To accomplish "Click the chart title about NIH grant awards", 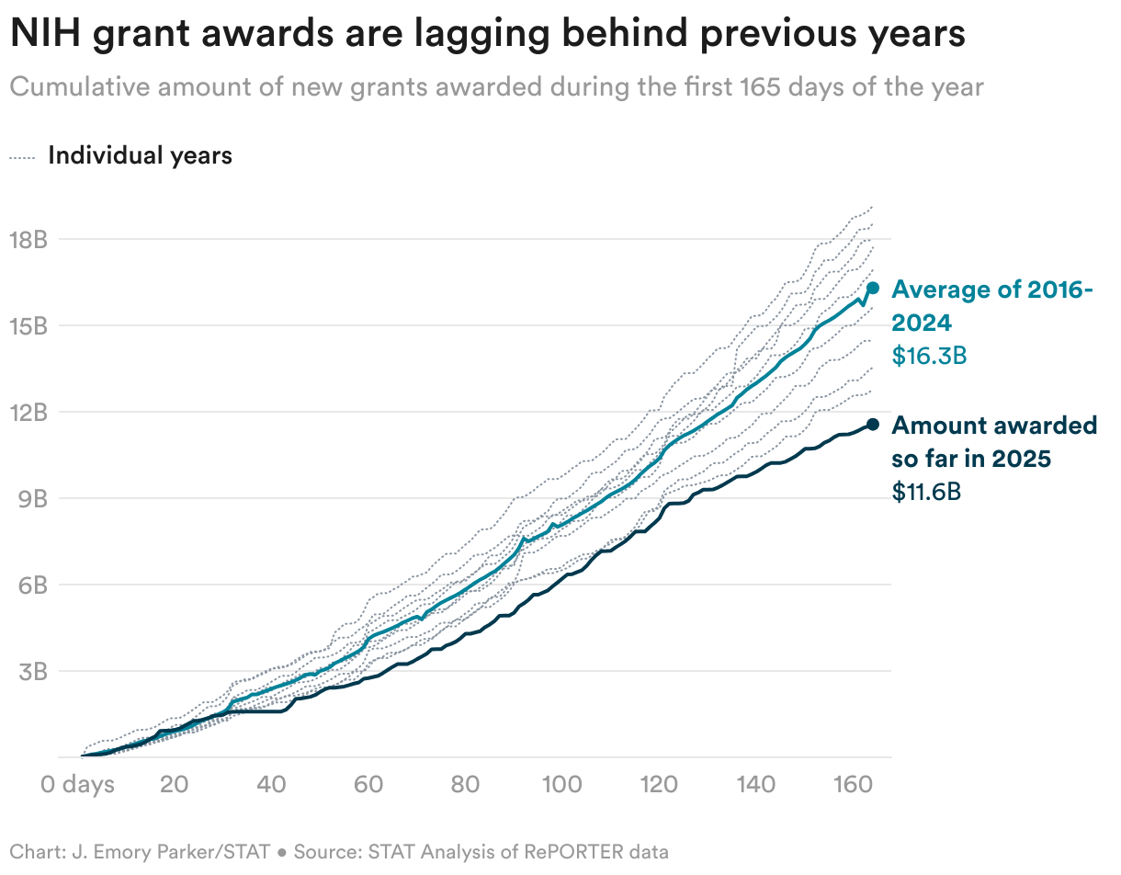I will tap(487, 34).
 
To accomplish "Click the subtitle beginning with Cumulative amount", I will tap(496, 87).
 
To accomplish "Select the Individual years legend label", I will tap(140, 155).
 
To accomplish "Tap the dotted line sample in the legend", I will tap(22, 157).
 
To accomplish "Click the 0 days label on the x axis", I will tap(77, 785).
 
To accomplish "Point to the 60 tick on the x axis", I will tap(368, 785).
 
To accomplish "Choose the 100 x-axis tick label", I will tap(562, 785).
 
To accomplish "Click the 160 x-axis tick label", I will tap(854, 785).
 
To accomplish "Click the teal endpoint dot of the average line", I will tap(873, 288).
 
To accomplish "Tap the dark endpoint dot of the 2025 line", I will tap(873, 424).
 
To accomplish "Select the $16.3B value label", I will tap(929, 356).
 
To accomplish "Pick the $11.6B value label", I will tap(927, 492).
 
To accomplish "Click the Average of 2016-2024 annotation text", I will tap(992, 306).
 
